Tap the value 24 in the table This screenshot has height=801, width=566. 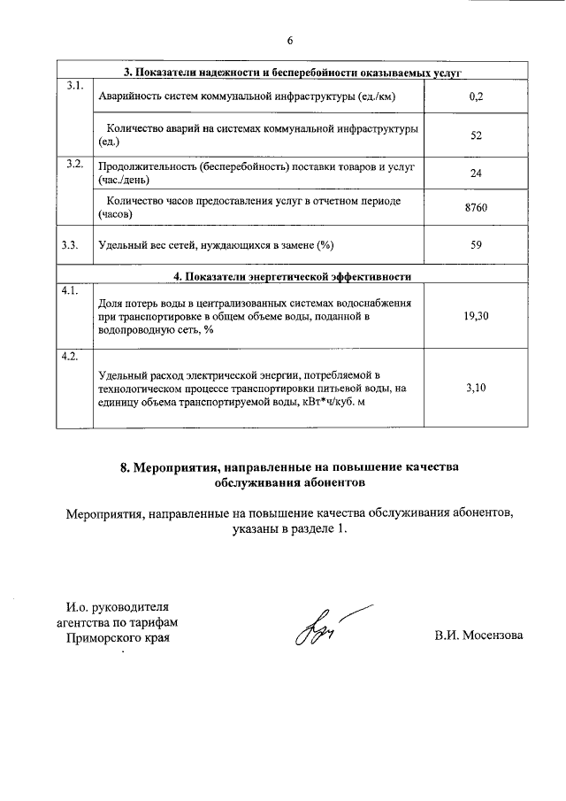(x=476, y=173)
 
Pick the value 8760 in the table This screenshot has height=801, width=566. (x=476, y=207)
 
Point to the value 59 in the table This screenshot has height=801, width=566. (x=476, y=245)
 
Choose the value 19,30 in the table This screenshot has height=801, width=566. (x=476, y=315)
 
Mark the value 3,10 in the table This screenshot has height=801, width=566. (x=476, y=387)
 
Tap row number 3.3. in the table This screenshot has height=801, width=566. (x=72, y=245)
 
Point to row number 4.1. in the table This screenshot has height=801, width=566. (x=71, y=290)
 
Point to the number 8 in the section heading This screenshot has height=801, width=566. (x=125, y=466)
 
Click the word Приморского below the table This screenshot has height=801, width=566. (x=98, y=637)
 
